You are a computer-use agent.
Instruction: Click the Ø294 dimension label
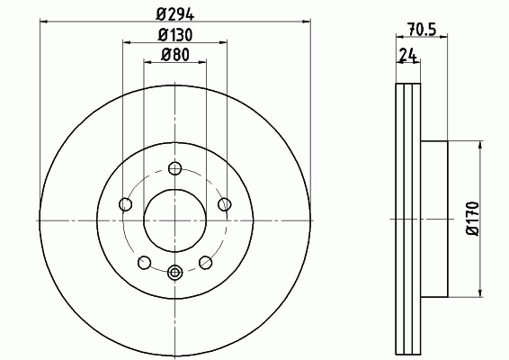tap(175, 14)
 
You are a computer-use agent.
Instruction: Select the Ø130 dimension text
tap(175, 35)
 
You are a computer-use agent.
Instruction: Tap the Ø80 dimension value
tap(175, 55)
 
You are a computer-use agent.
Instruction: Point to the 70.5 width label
tap(422, 30)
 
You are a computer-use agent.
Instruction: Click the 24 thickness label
tap(408, 55)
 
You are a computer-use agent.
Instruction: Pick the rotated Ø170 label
tap(472, 219)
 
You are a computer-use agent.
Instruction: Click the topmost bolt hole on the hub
tap(175, 168)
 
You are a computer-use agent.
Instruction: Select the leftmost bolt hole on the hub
tap(126, 204)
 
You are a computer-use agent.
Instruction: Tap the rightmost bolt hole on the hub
tap(224, 204)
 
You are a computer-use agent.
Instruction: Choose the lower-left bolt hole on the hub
tap(145, 262)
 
